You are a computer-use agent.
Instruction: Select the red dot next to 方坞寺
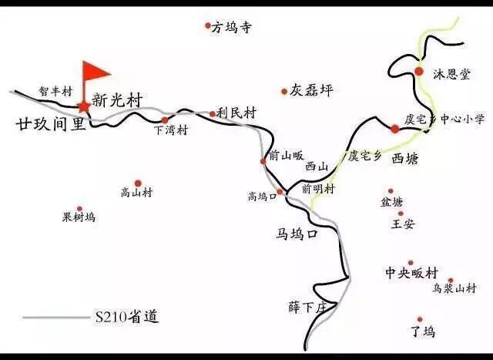tap(208, 25)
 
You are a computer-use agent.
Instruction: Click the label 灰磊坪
tap(312, 91)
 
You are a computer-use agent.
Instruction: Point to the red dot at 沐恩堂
tap(419, 72)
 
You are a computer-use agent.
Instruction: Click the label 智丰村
tap(55, 92)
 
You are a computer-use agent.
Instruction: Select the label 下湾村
tap(170, 130)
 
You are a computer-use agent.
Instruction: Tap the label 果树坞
tap(79, 218)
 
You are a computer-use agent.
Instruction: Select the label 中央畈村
tap(412, 274)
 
